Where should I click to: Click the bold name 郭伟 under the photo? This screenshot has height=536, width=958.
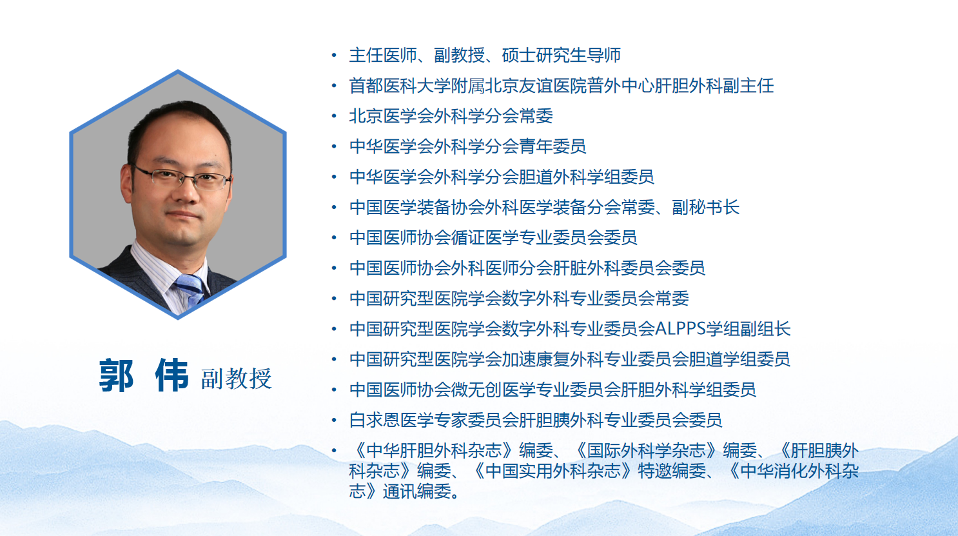tap(144, 375)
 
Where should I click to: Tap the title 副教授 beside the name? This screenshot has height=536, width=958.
tap(236, 379)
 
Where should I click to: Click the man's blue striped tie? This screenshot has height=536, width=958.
tap(190, 289)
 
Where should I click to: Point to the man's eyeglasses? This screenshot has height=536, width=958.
tap(184, 177)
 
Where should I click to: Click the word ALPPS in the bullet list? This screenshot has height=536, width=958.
tap(680, 329)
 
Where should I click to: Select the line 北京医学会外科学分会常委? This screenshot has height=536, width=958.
tap(451, 116)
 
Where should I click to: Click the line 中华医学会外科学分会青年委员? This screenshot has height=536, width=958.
tap(467, 146)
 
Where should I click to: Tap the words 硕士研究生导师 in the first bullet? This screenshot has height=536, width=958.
tap(561, 55)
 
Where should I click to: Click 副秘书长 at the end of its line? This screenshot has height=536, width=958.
tap(706, 207)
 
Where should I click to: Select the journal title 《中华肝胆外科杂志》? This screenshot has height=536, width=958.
tap(434, 450)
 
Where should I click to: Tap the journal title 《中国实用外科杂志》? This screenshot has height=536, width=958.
tap(552, 471)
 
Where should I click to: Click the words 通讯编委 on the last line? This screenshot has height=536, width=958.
tap(416, 491)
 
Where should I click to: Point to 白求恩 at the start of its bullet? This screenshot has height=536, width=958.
tap(374, 420)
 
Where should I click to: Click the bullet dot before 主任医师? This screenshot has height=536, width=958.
tap(334, 55)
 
